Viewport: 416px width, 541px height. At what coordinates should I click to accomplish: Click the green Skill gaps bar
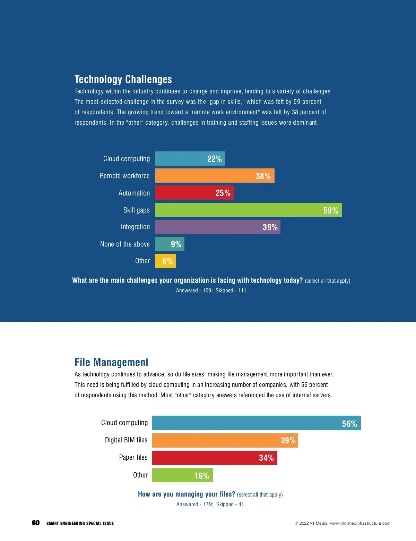[x=248, y=210]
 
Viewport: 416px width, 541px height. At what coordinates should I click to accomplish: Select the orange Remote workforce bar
[x=215, y=176]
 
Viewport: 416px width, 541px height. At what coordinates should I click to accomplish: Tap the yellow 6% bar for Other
[x=165, y=261]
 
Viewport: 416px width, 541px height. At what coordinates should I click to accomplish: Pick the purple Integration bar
[x=218, y=227]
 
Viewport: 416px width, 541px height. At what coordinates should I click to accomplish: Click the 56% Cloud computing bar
[x=256, y=423]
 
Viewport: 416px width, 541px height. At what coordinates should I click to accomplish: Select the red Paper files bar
[x=215, y=458]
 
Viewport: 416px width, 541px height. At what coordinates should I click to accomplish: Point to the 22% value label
[x=214, y=159]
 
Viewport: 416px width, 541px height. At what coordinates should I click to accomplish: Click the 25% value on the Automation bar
[x=223, y=193]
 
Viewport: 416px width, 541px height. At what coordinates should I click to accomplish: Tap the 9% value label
[x=176, y=244]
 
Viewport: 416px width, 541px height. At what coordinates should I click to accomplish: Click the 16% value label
[x=201, y=476]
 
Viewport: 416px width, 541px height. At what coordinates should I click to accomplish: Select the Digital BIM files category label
[x=126, y=440]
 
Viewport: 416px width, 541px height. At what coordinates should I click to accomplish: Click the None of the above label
[x=125, y=244]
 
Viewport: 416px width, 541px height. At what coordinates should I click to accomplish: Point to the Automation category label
[x=134, y=193]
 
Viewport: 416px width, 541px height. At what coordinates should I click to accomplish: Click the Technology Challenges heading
[x=123, y=80]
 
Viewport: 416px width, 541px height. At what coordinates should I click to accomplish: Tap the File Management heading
[x=111, y=362]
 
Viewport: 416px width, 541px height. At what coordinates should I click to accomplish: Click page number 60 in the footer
[x=36, y=523]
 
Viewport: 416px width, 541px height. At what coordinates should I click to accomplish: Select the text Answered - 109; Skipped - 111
[x=211, y=290]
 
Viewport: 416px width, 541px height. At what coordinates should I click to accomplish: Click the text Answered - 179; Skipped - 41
[x=210, y=504]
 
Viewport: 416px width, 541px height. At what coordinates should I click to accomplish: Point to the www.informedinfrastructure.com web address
[x=360, y=523]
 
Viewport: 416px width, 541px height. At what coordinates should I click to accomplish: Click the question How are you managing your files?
[x=187, y=494]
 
